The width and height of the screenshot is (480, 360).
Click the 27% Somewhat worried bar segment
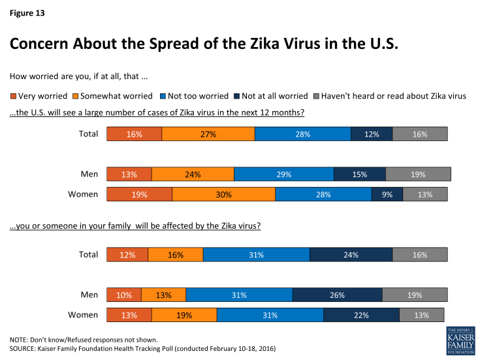[208, 134]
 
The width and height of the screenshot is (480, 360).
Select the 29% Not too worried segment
[283, 174]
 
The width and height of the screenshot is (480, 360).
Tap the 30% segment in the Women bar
[223, 194]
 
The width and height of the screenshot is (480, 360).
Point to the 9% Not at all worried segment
[387, 194]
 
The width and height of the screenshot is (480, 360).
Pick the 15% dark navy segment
[359, 174]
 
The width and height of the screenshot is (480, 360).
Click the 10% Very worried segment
[123, 295]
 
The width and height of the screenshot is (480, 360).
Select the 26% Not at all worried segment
[337, 295]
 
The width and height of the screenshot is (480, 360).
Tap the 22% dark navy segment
[360, 315]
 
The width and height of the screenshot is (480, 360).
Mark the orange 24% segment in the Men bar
[193, 174]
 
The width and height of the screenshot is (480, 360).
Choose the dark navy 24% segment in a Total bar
[351, 255]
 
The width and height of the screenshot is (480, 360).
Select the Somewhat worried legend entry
[118, 96]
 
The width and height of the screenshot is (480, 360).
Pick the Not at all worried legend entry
[274, 96]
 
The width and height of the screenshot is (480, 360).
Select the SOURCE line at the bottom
[142, 349]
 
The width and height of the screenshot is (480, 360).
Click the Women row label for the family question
[83, 315]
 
